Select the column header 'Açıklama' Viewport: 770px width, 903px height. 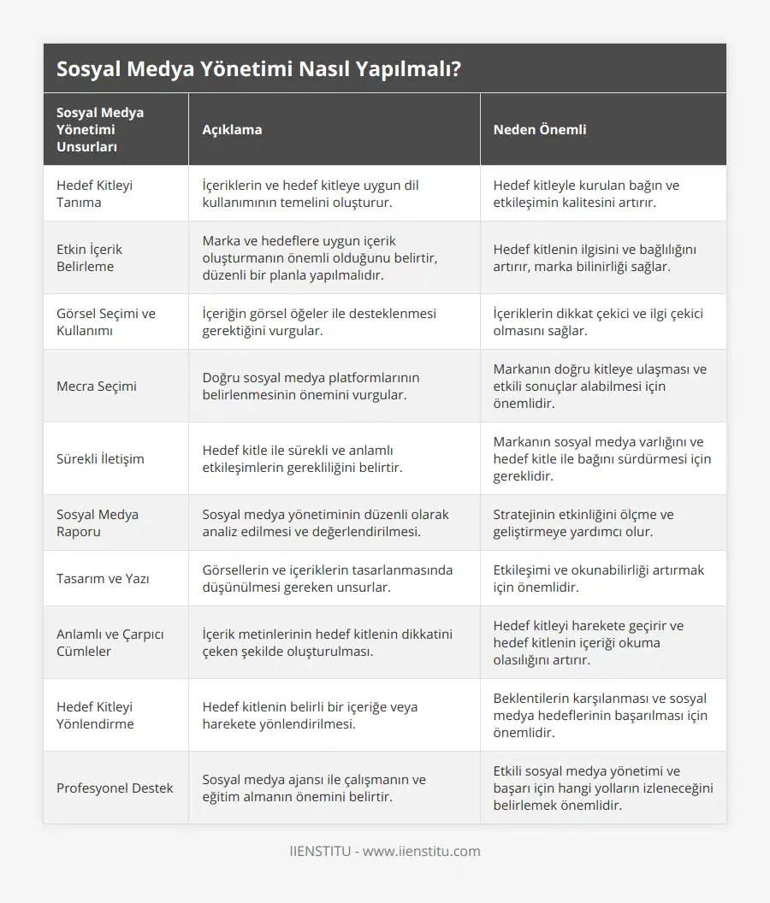[x=232, y=129]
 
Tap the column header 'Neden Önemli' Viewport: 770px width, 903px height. [x=540, y=129]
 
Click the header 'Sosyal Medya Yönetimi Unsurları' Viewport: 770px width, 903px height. [x=100, y=129]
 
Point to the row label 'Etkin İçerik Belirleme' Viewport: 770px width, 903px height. [x=89, y=257]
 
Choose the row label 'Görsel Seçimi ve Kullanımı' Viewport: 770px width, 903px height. [x=106, y=322]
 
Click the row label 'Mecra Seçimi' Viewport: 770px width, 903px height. [x=97, y=386]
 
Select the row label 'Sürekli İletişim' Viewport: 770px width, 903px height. [x=100, y=458]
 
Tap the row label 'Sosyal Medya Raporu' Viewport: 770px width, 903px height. [x=98, y=522]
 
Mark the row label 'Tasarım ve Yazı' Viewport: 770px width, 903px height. [x=103, y=578]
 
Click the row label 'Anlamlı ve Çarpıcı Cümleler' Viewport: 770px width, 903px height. [x=110, y=642]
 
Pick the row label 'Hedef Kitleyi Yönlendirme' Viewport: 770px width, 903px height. [x=95, y=715]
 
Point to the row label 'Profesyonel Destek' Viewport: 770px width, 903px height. [x=115, y=788]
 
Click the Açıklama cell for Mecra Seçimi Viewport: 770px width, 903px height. [x=311, y=386]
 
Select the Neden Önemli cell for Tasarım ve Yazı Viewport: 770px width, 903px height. [x=599, y=578]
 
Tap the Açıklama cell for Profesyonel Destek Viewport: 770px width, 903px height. [x=314, y=788]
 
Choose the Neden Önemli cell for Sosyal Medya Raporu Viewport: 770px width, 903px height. [x=583, y=522]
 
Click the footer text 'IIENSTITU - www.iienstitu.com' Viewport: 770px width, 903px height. [x=385, y=851]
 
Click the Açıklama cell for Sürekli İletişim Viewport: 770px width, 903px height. [x=303, y=458]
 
